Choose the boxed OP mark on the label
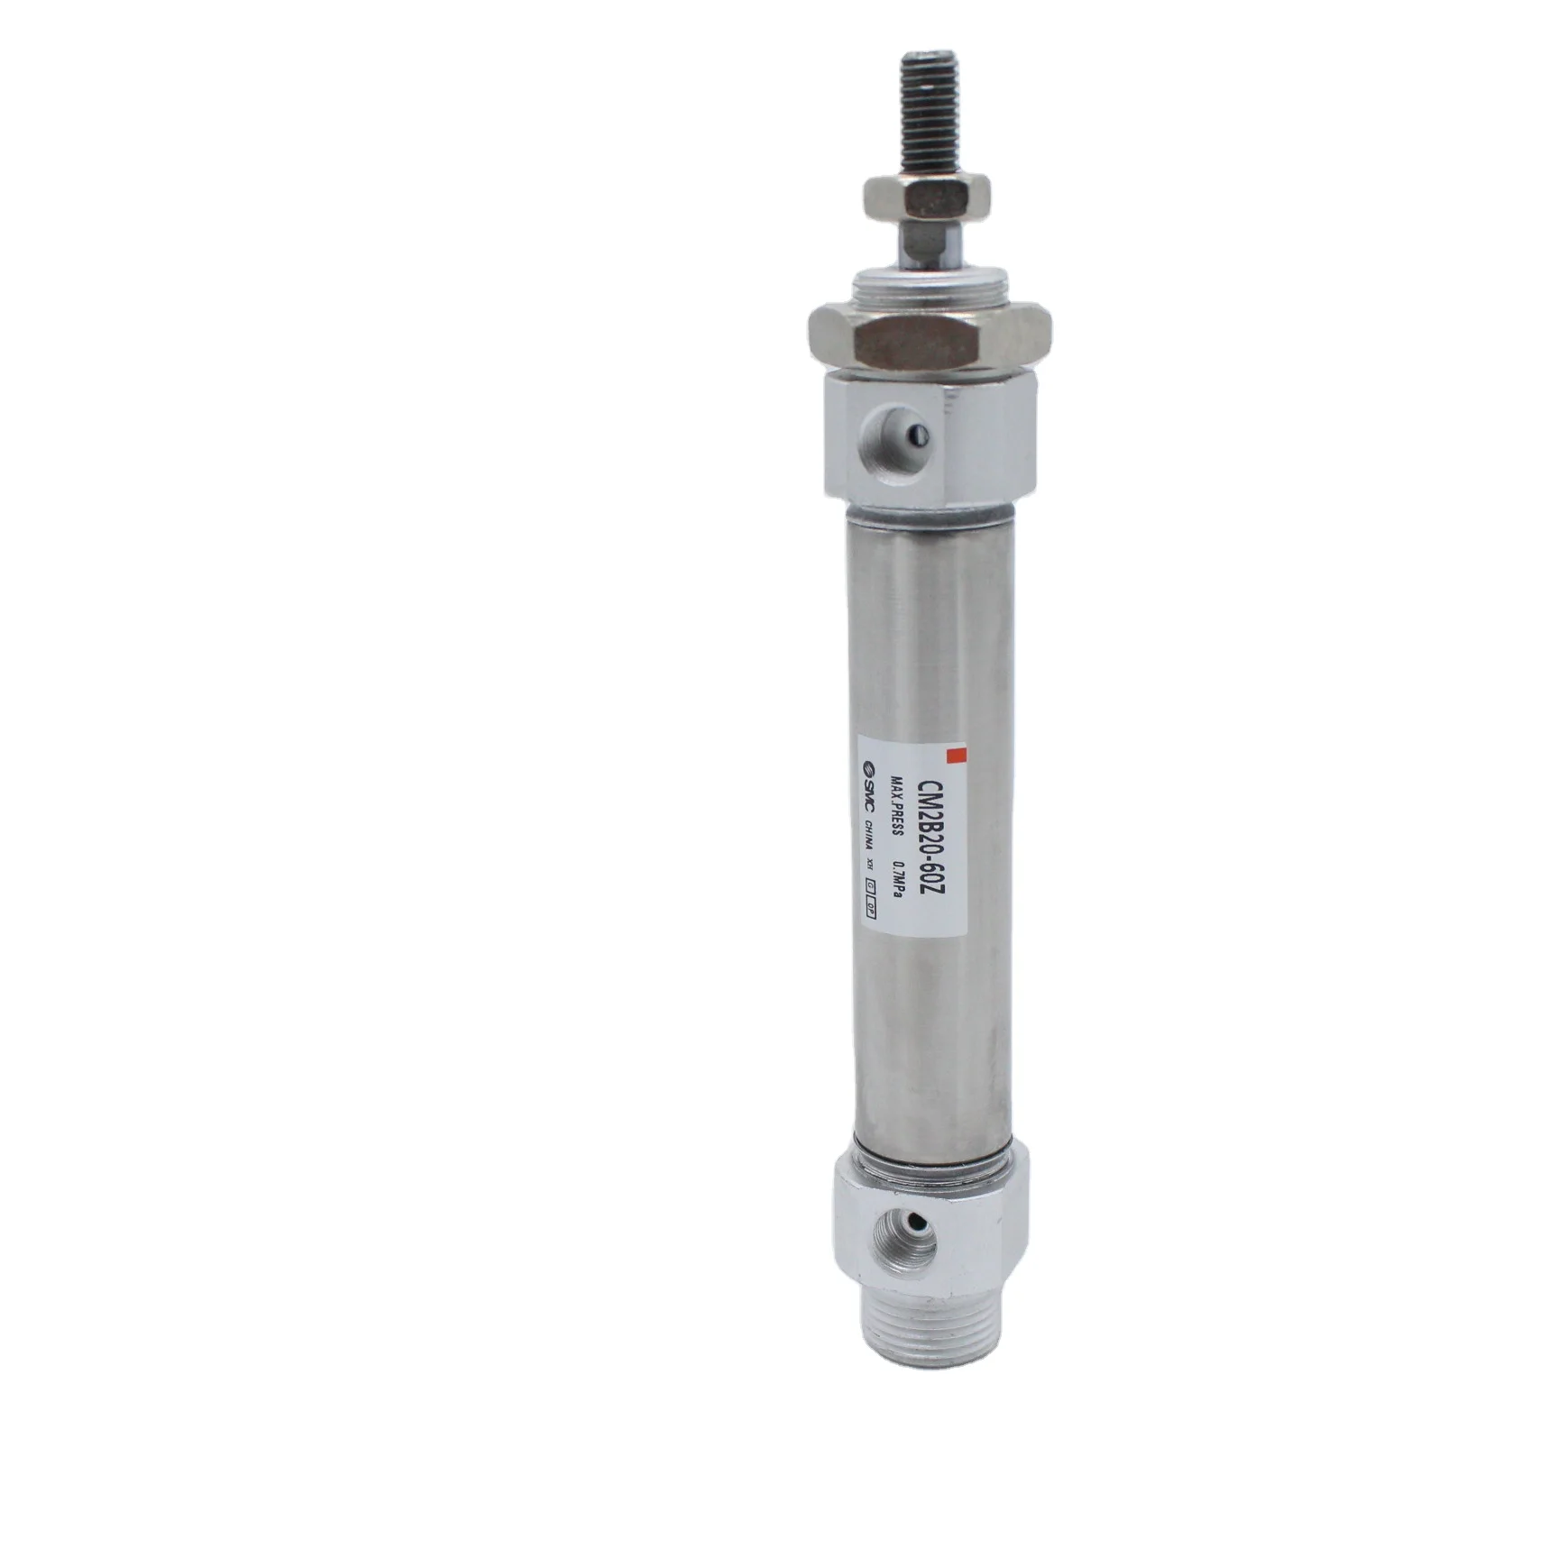(x=870, y=910)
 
